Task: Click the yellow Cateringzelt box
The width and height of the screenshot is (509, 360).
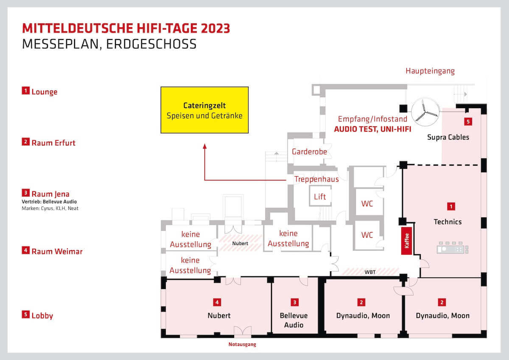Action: pos(204,110)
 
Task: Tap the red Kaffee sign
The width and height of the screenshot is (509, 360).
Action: pos(406,241)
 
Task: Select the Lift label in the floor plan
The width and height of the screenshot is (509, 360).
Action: pos(320,197)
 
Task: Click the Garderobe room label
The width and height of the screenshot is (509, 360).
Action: pos(309,152)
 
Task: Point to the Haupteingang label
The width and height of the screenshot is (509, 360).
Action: pos(430,71)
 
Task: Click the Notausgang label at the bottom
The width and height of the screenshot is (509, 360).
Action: pos(242,344)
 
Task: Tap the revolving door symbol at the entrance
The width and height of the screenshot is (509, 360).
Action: pos(425,112)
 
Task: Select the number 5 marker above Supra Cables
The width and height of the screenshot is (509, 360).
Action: pos(468,122)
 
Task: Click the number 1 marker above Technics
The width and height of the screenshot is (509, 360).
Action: pos(451,206)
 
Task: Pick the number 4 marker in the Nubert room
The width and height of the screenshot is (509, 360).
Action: pos(217,302)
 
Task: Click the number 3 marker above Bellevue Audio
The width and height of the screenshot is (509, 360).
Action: pos(295,302)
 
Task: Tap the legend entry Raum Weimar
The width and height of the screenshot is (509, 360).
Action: pos(52,251)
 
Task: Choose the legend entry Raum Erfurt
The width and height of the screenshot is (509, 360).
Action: pos(48,143)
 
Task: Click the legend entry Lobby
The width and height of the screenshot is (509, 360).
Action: pos(37,315)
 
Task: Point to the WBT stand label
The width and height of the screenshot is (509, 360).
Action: pos(370,272)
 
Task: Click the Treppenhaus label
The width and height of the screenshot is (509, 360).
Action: pos(316,179)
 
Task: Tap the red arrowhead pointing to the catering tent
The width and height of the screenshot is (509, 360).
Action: pos(205,146)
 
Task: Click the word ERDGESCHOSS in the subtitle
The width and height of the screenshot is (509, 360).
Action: pos(151,44)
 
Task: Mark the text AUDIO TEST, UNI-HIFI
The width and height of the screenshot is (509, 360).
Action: pos(373,129)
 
